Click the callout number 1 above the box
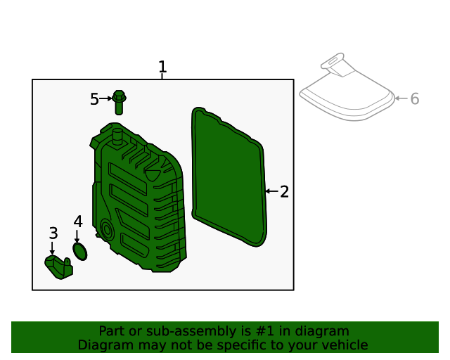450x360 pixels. point(162,67)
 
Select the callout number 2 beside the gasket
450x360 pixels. point(284,192)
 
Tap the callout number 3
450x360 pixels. point(53,233)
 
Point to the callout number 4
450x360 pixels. point(78,221)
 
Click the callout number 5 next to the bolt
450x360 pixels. point(94,99)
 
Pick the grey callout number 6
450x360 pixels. point(415,99)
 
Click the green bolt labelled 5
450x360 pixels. point(119,102)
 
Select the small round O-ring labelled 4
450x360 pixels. point(80,251)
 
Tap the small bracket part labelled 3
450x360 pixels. point(58,267)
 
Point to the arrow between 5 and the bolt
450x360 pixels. point(106,98)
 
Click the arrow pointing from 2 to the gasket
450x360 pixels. point(271,191)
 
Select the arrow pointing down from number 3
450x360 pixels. point(52,248)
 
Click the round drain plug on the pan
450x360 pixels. point(107,229)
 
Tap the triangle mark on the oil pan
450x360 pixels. point(153,172)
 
